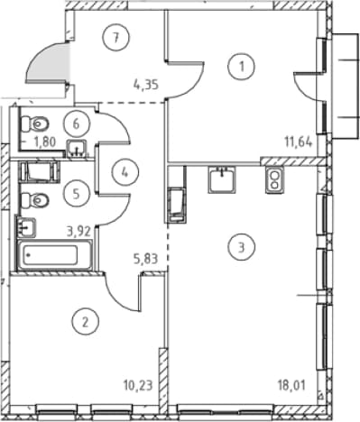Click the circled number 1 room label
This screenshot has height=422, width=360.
point(241,67)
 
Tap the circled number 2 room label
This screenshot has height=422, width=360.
point(85,323)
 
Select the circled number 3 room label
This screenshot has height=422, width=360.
point(241,247)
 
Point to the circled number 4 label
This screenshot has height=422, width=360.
point(125,172)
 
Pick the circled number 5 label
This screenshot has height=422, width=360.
point(77,194)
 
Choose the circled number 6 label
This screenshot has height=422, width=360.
point(77,124)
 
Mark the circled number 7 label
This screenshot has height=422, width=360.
point(115,37)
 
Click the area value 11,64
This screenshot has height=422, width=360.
point(299,141)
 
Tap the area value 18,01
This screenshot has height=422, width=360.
point(291,385)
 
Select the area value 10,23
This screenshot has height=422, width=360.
point(138,385)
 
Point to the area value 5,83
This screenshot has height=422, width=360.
point(146,259)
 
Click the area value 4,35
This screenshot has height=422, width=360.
point(146,85)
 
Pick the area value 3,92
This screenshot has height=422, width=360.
point(78,232)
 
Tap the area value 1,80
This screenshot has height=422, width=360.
point(45,142)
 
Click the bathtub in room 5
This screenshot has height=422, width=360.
point(54,255)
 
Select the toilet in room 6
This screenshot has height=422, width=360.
point(35,124)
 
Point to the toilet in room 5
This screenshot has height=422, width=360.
point(35,199)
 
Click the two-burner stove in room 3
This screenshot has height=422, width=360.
point(274,179)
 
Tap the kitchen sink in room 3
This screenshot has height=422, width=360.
point(222,179)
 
